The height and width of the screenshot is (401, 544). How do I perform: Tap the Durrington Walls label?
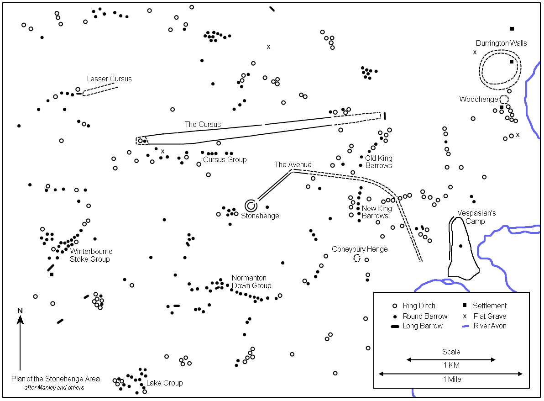tap(501, 43)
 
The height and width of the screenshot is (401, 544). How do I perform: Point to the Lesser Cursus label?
tap(109, 79)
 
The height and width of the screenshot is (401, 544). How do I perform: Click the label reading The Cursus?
tap(203, 124)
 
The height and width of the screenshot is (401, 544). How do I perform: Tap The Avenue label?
tap(293, 164)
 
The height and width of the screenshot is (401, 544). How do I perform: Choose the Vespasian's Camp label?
tap(476, 217)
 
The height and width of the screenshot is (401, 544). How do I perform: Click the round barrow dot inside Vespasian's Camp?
tap(461, 246)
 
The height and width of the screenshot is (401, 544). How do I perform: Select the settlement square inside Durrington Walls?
tap(512, 62)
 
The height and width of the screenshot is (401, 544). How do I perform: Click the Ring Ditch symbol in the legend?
tap(394, 306)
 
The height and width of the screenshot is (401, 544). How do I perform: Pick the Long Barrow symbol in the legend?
tap(395, 327)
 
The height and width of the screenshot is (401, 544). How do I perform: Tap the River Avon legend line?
tap(466, 327)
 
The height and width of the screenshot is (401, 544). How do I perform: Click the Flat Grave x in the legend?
tap(465, 317)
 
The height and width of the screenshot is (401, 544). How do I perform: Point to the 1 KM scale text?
tap(451, 365)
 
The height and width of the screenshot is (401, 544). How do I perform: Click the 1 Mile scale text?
tap(452, 379)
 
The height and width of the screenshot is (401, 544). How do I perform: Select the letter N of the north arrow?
tap(20, 311)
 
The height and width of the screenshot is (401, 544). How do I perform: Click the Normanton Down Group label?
tap(251, 282)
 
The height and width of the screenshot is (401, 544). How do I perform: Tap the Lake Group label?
tap(164, 383)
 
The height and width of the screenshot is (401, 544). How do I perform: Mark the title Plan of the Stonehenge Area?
tap(56, 379)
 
